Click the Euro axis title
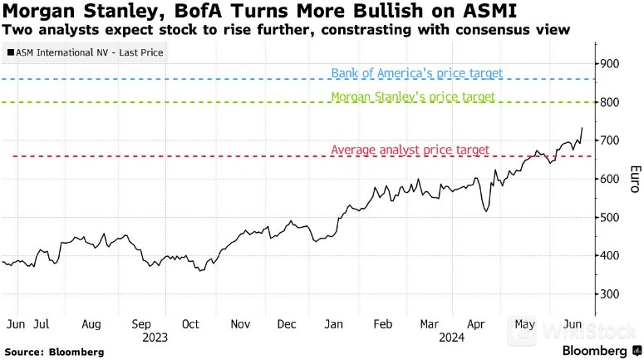pyautogui.click(x=635, y=179)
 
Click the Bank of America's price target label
pyautogui.click(x=416, y=73)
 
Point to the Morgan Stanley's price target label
pyautogui.click(x=413, y=96)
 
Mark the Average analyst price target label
pyautogui.click(x=410, y=150)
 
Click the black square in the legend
pyautogui.click(x=10, y=52)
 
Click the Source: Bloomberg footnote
pyautogui.click(x=54, y=352)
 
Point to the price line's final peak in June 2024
pyautogui.click(x=582, y=128)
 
